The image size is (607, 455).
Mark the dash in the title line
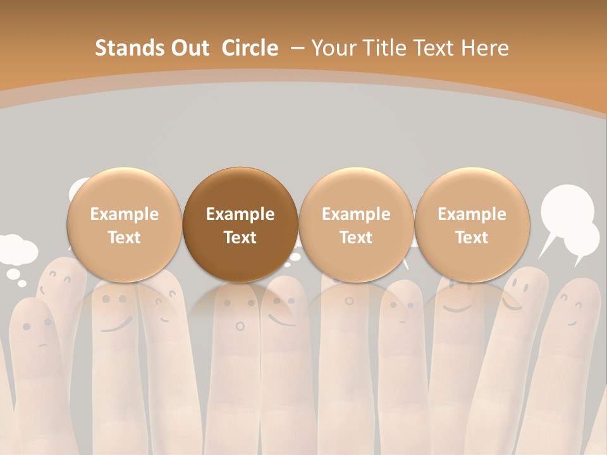click(298, 48)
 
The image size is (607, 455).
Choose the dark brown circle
click(240, 225)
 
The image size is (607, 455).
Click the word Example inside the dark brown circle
click(240, 214)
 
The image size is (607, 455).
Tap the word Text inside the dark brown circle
click(240, 238)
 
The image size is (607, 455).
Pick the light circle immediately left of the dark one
click(125, 225)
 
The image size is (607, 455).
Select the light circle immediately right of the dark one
click(356, 225)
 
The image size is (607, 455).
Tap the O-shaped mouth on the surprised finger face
click(240, 326)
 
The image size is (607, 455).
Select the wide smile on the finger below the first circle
click(113, 327)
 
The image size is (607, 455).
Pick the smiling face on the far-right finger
click(572, 313)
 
